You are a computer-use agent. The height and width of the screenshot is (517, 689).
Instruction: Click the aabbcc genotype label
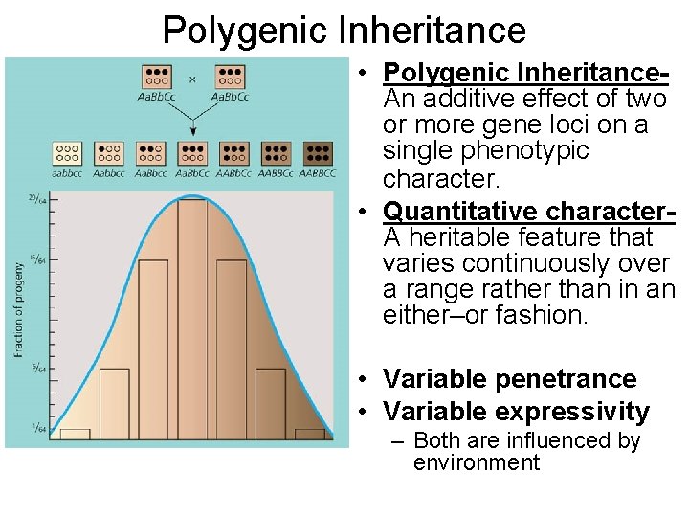pos(67,174)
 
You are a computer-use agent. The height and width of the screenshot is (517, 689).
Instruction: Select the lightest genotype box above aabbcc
pos(67,153)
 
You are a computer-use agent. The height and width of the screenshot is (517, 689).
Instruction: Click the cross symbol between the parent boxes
pos(192,79)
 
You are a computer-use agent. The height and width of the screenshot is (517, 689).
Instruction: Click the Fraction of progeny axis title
pos(18,311)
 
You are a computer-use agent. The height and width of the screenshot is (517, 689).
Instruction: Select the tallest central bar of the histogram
pos(192,316)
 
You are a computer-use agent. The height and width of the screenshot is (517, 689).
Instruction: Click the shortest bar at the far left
pos(75,434)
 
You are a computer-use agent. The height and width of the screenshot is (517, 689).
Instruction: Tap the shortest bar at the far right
pos(310,434)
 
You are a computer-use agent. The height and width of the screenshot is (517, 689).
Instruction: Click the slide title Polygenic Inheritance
pos(344,30)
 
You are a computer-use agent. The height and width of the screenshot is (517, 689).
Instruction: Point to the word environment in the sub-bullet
pos(477,463)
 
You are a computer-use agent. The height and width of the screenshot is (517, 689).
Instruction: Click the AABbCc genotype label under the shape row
pos(234,174)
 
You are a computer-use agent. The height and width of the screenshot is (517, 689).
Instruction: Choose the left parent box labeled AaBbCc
pos(156,77)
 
